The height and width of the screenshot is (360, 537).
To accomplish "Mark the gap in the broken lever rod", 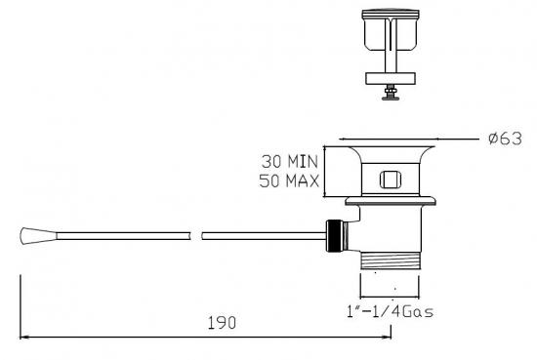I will [x=194, y=235].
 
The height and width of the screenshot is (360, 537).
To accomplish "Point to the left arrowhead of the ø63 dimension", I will [x=343, y=139].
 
